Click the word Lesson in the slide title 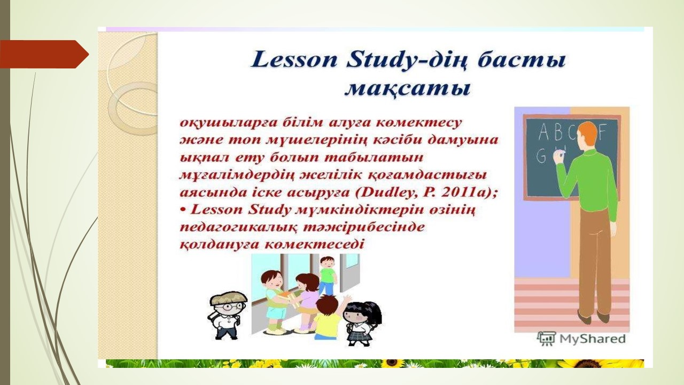pos(294,60)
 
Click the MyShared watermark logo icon pos(547,338)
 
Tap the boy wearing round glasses pos(227,315)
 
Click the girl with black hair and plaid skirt pos(362,324)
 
